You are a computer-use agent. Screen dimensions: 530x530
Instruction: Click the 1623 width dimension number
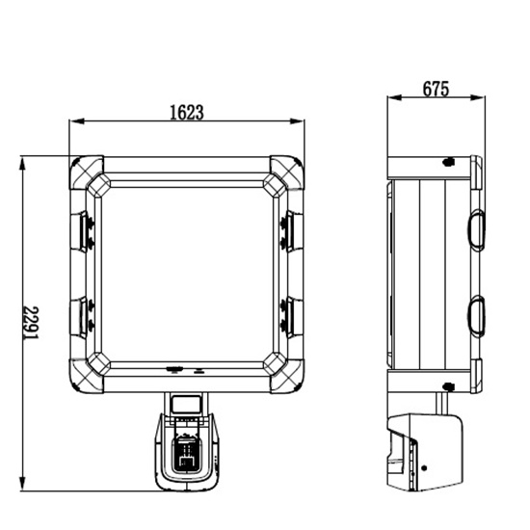tap(187, 113)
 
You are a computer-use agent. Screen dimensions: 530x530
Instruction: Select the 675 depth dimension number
tap(436, 89)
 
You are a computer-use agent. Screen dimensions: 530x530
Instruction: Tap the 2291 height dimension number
tap(31, 322)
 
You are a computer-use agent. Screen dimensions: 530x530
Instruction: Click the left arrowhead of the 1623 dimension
tap(77, 121)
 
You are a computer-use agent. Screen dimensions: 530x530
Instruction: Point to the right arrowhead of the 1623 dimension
tap(297, 121)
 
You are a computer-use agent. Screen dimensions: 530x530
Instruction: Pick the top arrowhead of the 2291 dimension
tap(22, 164)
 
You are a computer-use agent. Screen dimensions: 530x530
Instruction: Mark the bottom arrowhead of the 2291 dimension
tap(22, 484)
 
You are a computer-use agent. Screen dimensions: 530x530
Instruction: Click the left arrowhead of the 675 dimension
tap(394, 97)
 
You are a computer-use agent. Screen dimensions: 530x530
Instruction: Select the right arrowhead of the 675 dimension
tap(478, 97)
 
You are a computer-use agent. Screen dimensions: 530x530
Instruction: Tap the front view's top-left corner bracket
tap(87, 172)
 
